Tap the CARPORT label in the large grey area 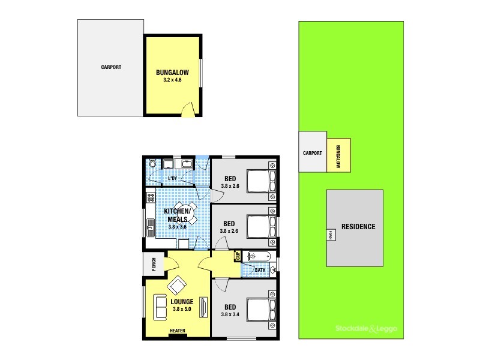110,67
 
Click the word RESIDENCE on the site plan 358,227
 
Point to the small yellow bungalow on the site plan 338,155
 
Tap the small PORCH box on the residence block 330,235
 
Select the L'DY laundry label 173,178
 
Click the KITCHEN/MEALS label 179,215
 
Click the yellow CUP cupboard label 238,256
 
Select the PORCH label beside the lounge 154,263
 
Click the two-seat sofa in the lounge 161,307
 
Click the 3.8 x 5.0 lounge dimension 181,310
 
